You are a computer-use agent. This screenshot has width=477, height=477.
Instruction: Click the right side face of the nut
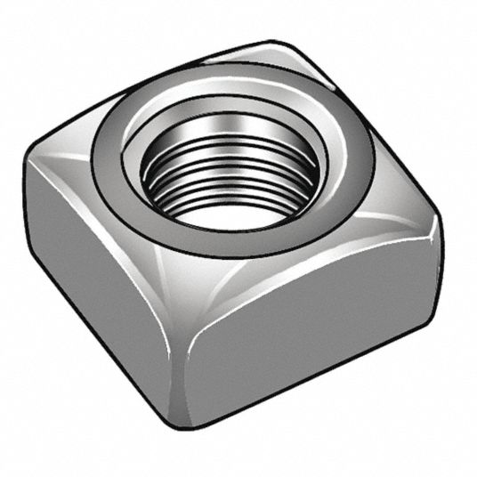[311, 329]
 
